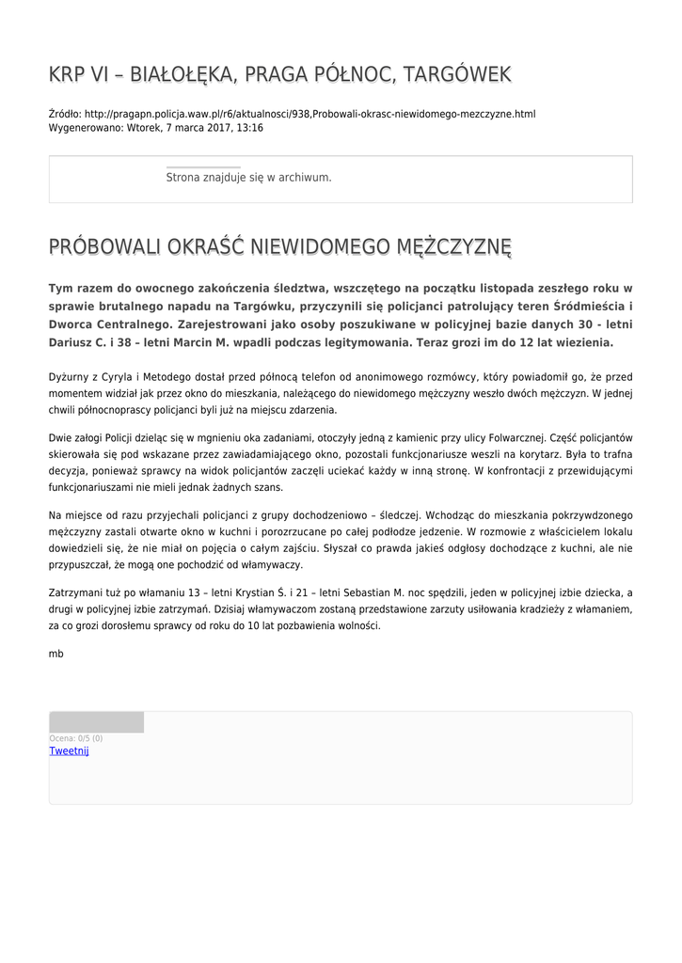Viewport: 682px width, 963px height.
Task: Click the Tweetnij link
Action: [69, 750]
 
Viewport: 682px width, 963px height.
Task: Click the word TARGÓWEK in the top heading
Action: [455, 74]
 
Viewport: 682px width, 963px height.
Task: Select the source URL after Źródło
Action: [309, 114]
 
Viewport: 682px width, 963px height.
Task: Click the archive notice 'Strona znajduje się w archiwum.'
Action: [248, 177]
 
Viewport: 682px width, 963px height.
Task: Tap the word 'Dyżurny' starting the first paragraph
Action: [68, 376]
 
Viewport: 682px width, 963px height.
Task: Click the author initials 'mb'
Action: [56, 653]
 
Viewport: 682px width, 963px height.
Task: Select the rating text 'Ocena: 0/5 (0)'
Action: [76, 738]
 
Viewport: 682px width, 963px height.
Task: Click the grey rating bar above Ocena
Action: [96, 722]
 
